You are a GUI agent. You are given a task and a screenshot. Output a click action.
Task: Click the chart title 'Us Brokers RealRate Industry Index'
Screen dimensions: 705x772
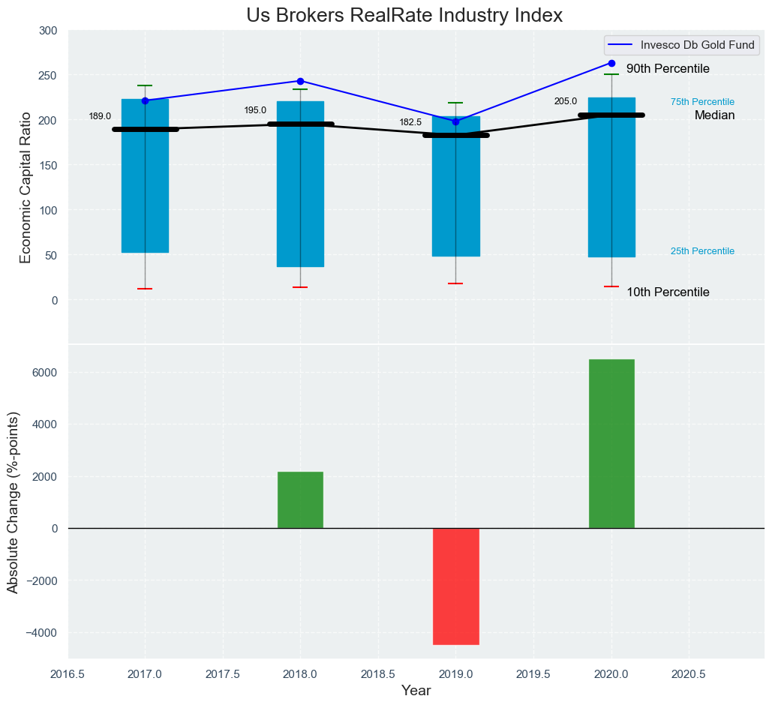(x=404, y=15)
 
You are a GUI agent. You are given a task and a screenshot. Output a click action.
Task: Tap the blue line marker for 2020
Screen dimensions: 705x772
(x=611, y=64)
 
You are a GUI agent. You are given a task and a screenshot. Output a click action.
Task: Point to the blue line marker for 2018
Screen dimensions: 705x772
(x=300, y=81)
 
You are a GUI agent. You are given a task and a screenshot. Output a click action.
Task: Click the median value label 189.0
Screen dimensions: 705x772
(x=100, y=116)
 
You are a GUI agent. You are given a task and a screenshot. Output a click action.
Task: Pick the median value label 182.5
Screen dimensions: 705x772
(x=410, y=122)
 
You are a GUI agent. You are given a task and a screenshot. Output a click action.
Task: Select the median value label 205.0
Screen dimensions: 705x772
(x=566, y=101)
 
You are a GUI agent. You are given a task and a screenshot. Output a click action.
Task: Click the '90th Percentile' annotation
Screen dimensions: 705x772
(x=668, y=69)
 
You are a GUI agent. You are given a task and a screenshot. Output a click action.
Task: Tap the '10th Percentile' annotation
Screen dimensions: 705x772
(x=668, y=292)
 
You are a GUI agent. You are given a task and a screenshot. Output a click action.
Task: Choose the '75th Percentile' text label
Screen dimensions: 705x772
(x=702, y=102)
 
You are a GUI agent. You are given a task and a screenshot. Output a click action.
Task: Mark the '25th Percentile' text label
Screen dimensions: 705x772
(x=702, y=251)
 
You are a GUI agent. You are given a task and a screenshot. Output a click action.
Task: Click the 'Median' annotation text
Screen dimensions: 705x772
(x=714, y=115)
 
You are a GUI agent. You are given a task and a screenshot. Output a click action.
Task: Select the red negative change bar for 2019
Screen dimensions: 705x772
(x=456, y=586)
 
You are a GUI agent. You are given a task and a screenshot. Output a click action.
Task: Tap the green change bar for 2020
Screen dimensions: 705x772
(x=611, y=443)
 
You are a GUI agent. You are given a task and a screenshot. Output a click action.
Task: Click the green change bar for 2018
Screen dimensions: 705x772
(x=300, y=499)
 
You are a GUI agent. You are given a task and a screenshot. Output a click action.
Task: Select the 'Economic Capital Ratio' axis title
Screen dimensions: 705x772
(x=26, y=187)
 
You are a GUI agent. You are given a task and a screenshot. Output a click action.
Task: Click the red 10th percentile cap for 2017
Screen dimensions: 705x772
(x=145, y=289)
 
